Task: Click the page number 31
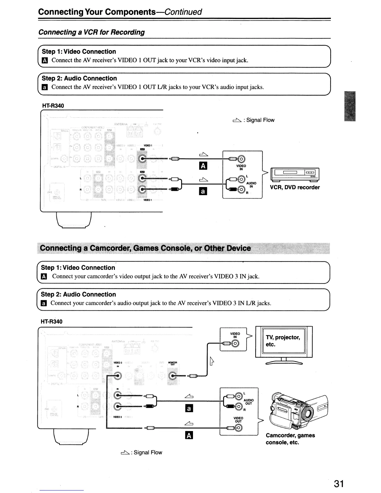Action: tap(339, 484)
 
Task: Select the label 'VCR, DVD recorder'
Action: tap(295, 187)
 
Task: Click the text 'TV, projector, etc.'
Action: tap(283, 341)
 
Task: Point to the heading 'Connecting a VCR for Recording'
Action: tap(91, 32)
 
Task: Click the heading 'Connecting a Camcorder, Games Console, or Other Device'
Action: tap(145, 248)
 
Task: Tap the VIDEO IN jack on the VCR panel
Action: tap(242, 159)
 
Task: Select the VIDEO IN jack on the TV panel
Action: tap(236, 344)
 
